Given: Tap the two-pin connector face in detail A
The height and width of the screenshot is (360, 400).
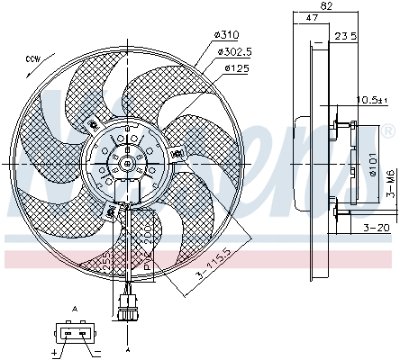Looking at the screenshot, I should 76,332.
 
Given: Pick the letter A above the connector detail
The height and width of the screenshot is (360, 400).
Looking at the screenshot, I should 76,309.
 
